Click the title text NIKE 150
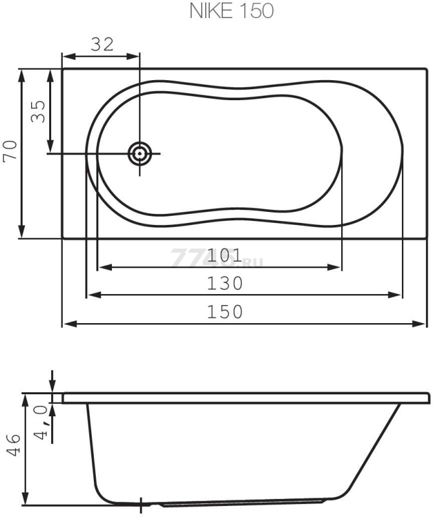coord(232,11)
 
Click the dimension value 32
coord(102,44)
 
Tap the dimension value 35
coord(38,111)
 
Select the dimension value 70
coord(10,151)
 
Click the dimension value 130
coord(225,283)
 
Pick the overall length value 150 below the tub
coord(225,312)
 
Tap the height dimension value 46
coord(14,445)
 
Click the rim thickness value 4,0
coord(42,423)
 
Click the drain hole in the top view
coord(140,154)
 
